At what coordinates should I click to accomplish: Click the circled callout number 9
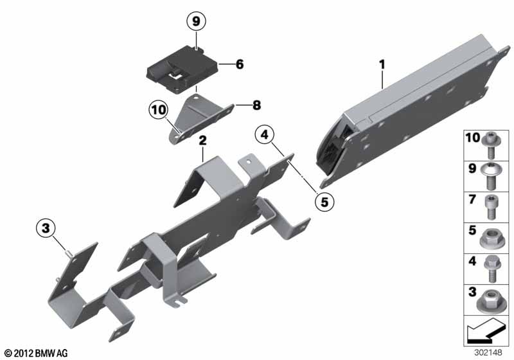coord(196,21)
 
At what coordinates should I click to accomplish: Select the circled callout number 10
coord(158,109)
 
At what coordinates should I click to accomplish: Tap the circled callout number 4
coord(265,134)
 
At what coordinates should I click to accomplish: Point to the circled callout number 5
coord(324,202)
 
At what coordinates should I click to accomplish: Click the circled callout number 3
coord(46,228)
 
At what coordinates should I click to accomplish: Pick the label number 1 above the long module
coord(382,64)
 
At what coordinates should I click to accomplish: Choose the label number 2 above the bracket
coord(203,141)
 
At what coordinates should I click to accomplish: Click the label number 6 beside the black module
coord(240,64)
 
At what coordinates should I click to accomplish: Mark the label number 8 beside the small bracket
coord(256,105)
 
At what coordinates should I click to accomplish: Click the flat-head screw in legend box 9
coord(490,176)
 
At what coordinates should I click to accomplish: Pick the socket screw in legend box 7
coord(490,207)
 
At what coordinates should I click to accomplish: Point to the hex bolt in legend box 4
coord(491,269)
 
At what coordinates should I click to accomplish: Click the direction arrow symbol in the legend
coord(486,331)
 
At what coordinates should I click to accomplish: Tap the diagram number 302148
coord(488,353)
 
